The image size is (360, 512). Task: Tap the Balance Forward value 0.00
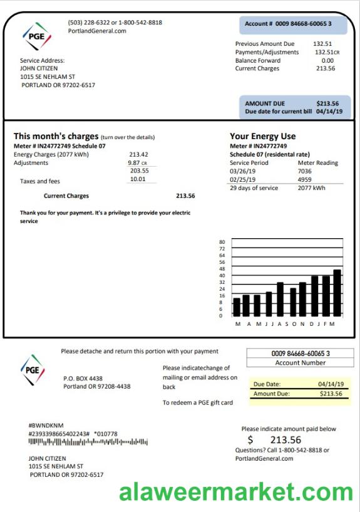tap(327, 60)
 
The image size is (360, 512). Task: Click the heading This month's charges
tap(56, 136)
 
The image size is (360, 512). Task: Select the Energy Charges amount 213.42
tap(138, 154)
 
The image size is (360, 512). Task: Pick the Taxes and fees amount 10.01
tap(137, 179)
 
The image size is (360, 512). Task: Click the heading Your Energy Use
tap(263, 136)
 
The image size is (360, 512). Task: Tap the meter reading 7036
tap(304, 171)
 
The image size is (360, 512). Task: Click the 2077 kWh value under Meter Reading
tap(311, 188)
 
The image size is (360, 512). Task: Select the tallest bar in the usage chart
tap(337, 293)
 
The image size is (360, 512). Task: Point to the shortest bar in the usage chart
tap(237, 306)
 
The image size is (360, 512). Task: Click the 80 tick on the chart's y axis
tap(222, 242)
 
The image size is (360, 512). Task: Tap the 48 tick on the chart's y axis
tap(222, 269)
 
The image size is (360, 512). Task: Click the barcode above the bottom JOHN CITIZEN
tap(88, 442)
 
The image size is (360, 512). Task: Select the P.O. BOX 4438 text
tap(83, 379)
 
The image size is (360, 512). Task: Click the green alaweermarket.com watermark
tap(237, 492)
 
